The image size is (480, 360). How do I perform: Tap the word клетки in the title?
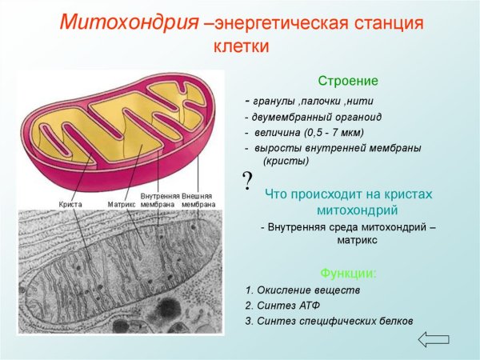tap(242, 47)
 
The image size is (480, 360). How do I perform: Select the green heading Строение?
tap(348, 82)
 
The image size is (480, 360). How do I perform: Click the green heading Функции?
tap(348, 273)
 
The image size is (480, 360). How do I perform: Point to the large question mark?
tap(248, 178)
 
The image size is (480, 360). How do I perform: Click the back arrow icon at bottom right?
tap(434, 339)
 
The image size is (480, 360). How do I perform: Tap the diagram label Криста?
tap(70, 204)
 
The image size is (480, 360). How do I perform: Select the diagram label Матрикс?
tap(121, 204)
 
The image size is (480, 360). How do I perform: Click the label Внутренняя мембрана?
tap(159, 200)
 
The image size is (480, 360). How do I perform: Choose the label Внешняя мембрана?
tap(198, 200)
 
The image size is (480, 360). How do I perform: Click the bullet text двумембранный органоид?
tap(315, 116)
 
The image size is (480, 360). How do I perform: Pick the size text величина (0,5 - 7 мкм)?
tap(309, 132)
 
